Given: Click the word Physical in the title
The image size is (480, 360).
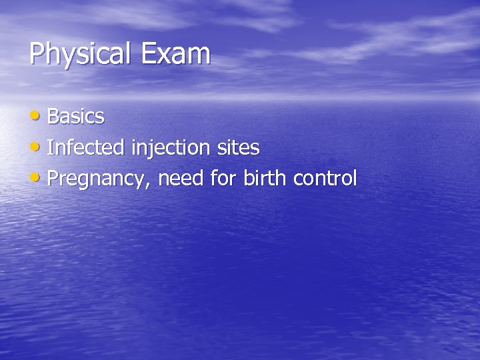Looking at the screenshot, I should coord(81,54).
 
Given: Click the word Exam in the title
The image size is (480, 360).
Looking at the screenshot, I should coord(175,53).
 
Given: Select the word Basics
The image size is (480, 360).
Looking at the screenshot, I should coord(76,117).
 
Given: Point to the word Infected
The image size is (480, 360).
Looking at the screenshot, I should coord(85,147).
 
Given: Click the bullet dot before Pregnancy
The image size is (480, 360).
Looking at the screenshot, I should coord(37,178).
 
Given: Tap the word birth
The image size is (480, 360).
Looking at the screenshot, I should coord(259,178).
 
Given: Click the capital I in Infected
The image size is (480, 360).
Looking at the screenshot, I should coord(51,147).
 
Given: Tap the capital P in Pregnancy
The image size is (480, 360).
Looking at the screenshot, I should coord(54,178).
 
